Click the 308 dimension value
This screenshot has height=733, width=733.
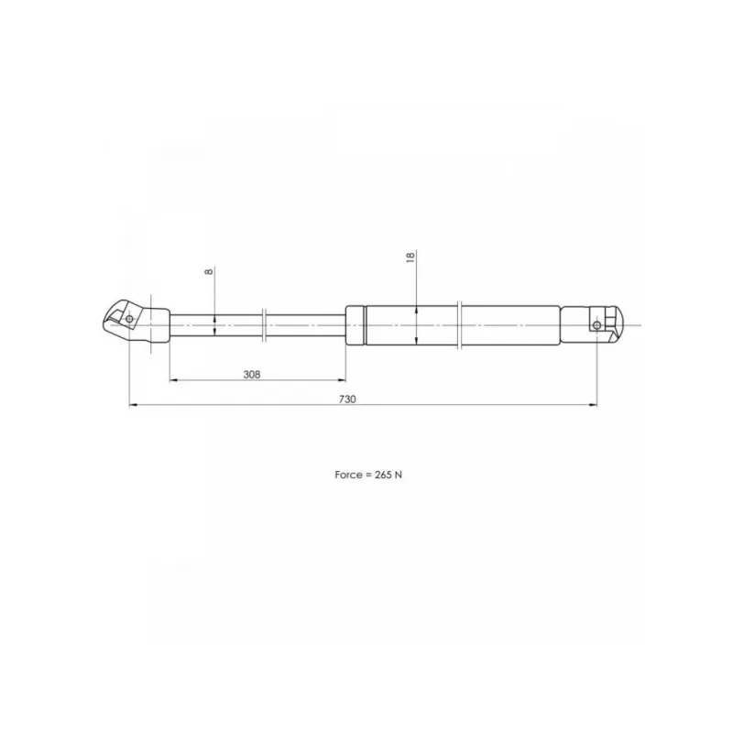pyautogui.click(x=251, y=375)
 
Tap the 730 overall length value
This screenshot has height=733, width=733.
pyautogui.click(x=347, y=399)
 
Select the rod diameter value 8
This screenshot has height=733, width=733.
pyautogui.click(x=209, y=271)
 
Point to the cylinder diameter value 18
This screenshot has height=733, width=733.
pyautogui.click(x=410, y=257)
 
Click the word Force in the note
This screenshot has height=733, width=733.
pyautogui.click(x=348, y=475)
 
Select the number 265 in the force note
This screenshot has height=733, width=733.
pyautogui.click(x=383, y=475)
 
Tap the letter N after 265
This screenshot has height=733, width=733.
pyautogui.click(x=399, y=475)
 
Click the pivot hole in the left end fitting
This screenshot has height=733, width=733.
pyautogui.click(x=129, y=319)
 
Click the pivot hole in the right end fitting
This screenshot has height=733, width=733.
pyautogui.click(x=596, y=325)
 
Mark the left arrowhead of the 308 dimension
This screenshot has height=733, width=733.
pyautogui.click(x=173, y=380)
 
